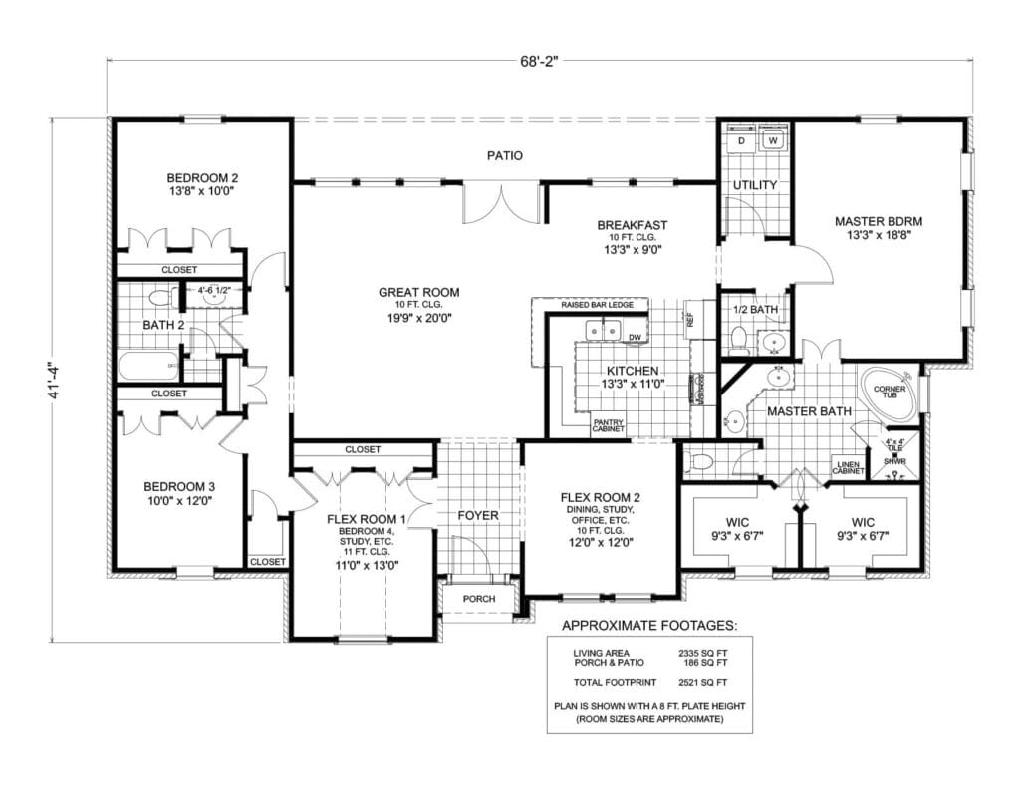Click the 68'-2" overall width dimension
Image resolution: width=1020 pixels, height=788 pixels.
click(540, 60)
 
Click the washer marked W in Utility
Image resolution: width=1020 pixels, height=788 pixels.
click(772, 142)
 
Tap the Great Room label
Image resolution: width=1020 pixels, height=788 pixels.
click(418, 292)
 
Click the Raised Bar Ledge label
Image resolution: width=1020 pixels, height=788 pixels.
click(591, 304)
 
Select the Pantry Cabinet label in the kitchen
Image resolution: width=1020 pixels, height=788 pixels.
click(608, 425)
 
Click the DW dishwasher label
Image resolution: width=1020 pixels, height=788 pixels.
click(634, 337)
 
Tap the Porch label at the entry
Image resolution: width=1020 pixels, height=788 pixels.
click(479, 600)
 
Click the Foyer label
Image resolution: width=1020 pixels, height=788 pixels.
click(477, 515)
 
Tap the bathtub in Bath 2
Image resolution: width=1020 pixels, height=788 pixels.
click(147, 366)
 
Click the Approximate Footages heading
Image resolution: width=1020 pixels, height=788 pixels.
click(649, 626)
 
